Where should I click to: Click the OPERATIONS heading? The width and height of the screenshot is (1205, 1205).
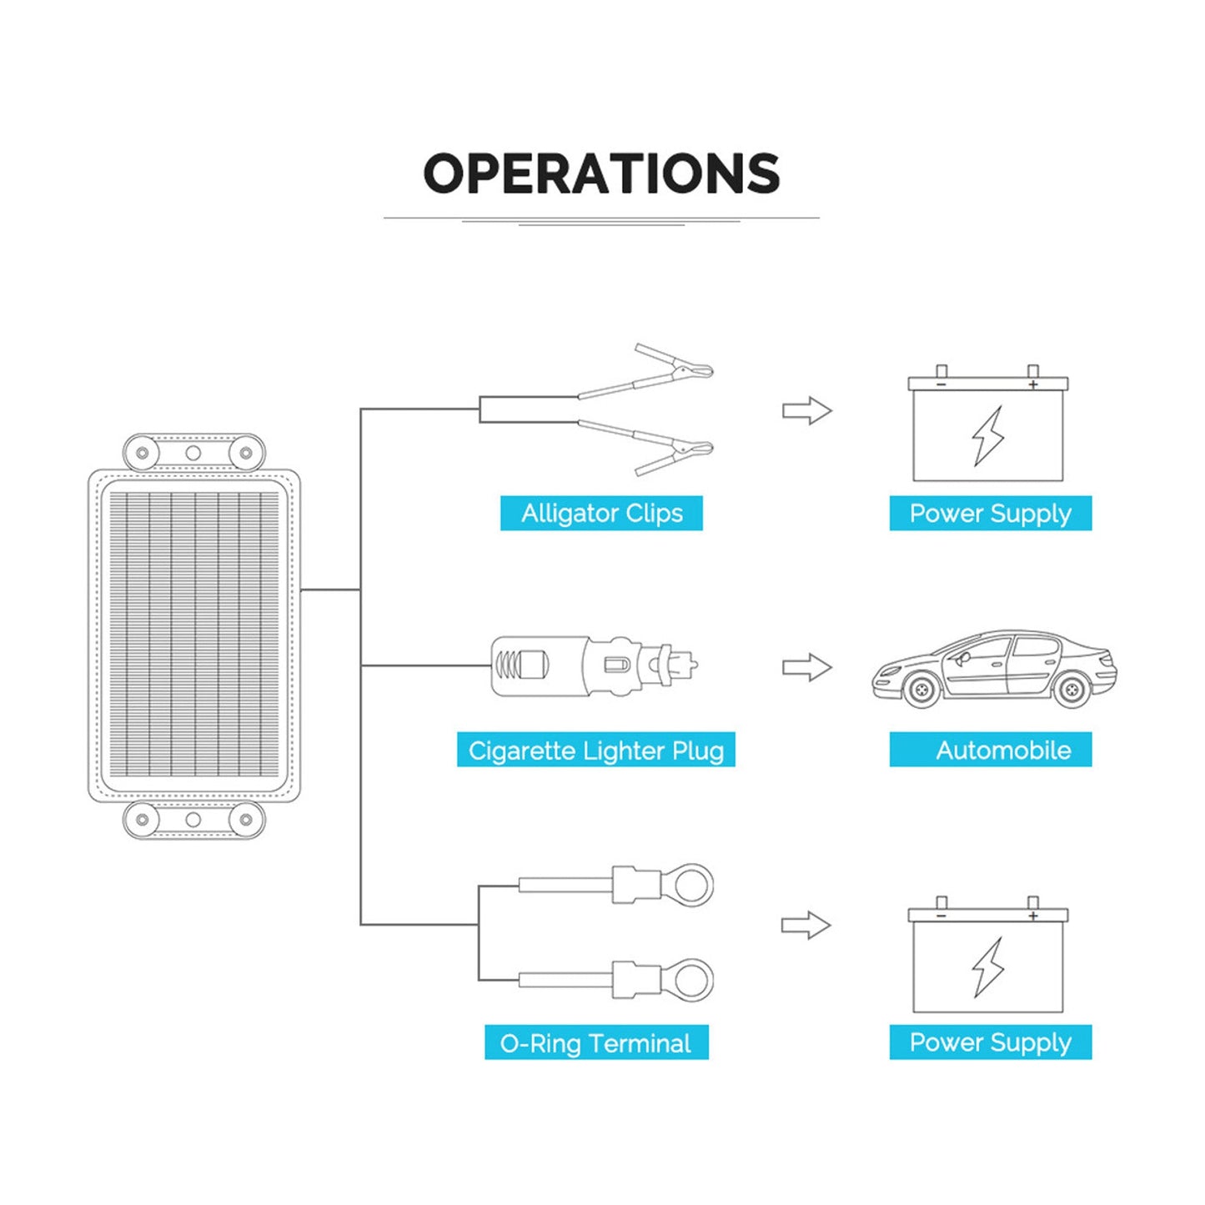pyautogui.click(x=601, y=173)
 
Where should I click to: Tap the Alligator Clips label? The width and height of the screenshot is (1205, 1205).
pyautogui.click(x=601, y=513)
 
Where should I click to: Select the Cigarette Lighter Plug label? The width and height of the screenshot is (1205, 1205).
pyautogui.click(x=595, y=750)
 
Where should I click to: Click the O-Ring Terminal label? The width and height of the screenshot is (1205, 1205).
pyautogui.click(x=595, y=1042)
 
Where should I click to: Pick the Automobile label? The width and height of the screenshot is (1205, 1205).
pyautogui.click(x=1002, y=750)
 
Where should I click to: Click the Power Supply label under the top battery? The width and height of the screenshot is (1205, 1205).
pyautogui.click(x=990, y=513)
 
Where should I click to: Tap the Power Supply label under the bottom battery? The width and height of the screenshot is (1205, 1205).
pyautogui.click(x=990, y=1042)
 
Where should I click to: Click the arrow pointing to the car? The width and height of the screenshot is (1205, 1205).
pyautogui.click(x=806, y=667)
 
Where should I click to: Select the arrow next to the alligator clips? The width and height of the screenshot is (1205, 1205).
pyautogui.click(x=806, y=411)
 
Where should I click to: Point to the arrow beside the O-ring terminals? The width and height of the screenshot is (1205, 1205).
pyautogui.click(x=806, y=925)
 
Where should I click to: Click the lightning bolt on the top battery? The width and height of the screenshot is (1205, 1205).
pyautogui.click(x=988, y=435)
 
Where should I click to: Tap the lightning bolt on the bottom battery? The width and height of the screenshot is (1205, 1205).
pyautogui.click(x=988, y=967)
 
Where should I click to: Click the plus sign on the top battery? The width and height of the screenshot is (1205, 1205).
pyautogui.click(x=1032, y=384)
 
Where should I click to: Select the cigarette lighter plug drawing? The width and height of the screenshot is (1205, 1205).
pyautogui.click(x=594, y=666)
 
